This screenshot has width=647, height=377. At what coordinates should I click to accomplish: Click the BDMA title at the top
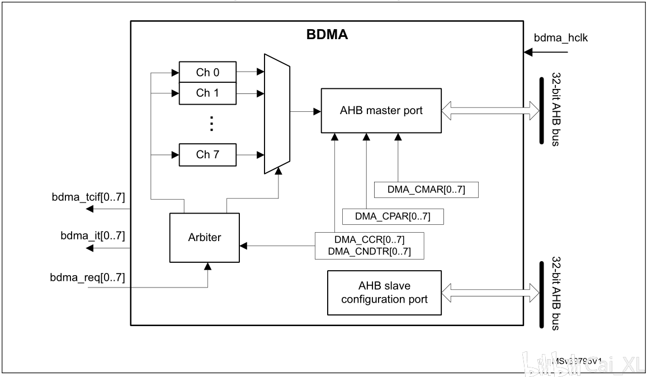tap(327, 35)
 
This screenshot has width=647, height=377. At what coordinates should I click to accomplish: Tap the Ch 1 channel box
tap(206, 93)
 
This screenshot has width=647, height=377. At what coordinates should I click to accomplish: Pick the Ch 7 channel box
tap(206, 154)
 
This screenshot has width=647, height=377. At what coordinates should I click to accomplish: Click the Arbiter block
tap(204, 237)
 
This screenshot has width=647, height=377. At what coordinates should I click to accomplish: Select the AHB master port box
tap(381, 110)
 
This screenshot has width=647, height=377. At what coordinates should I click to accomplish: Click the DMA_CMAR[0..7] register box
tap(426, 190)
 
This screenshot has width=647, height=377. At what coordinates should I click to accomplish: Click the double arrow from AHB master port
tap(490, 111)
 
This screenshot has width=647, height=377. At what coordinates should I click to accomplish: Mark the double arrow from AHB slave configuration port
tap(490, 293)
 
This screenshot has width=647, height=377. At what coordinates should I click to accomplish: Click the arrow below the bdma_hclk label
tap(545, 53)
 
